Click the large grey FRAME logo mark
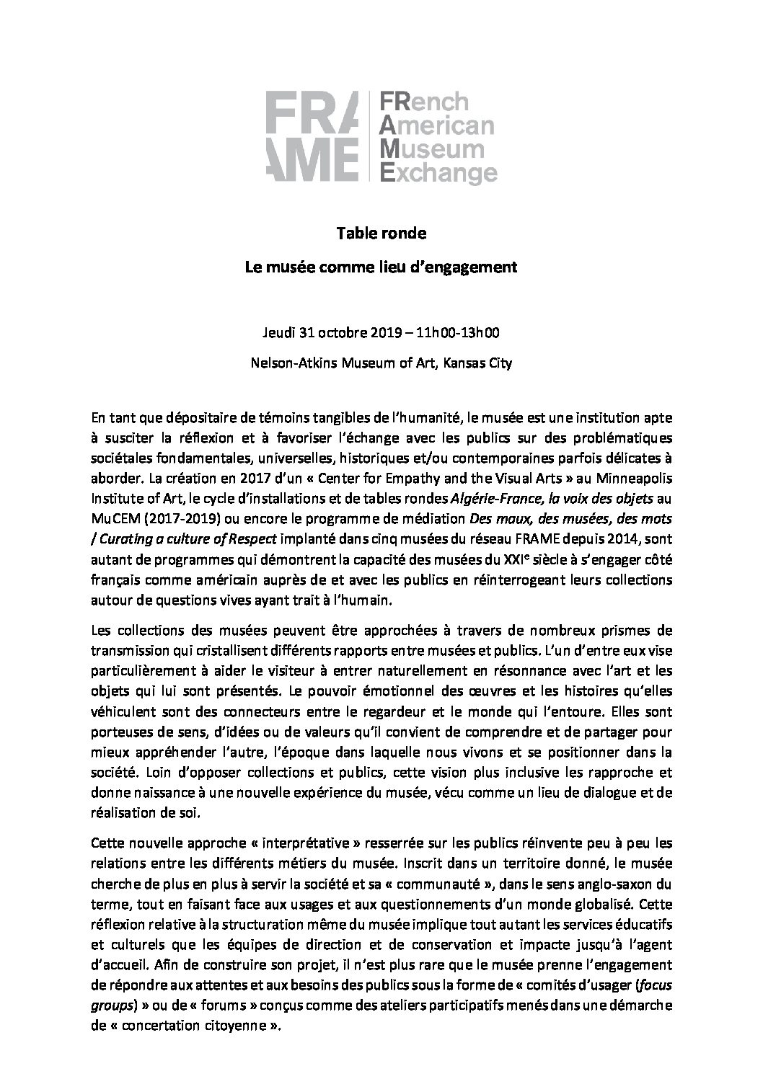pyautogui.click(x=312, y=137)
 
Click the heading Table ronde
pyautogui.click(x=381, y=234)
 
